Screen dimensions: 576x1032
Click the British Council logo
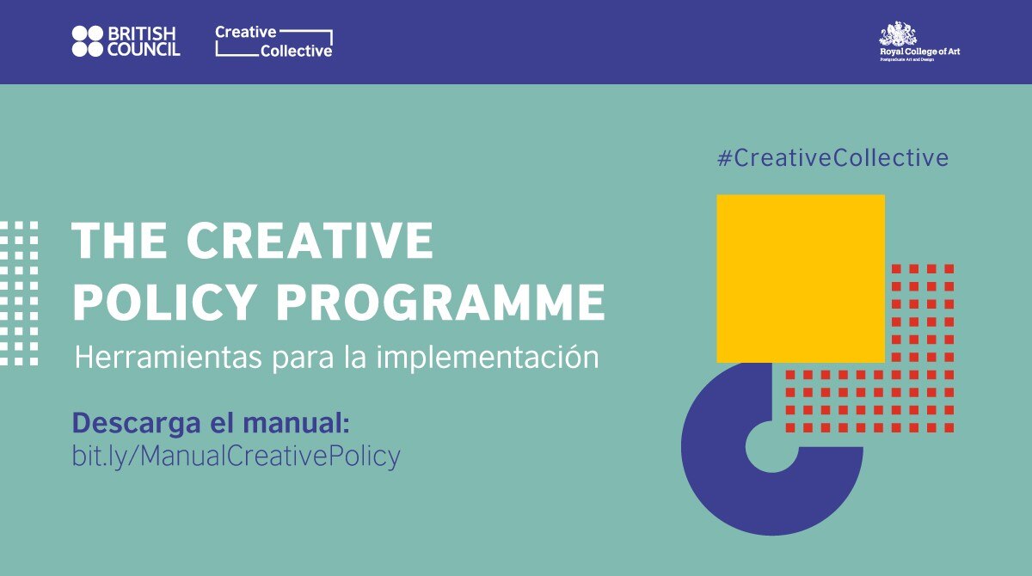pos(126,40)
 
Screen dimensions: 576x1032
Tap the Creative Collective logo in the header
pos(273,41)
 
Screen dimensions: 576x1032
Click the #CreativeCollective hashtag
pos(832,158)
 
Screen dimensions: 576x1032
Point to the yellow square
pos(800,278)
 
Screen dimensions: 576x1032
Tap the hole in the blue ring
pos(771,446)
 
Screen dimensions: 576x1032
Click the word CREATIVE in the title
pos(310,242)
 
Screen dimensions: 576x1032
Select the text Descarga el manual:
pos(212,423)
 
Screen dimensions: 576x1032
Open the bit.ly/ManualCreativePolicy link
pos(236,456)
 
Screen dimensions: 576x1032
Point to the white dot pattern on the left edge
pos(19,292)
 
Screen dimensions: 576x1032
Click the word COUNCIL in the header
pos(144,50)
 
